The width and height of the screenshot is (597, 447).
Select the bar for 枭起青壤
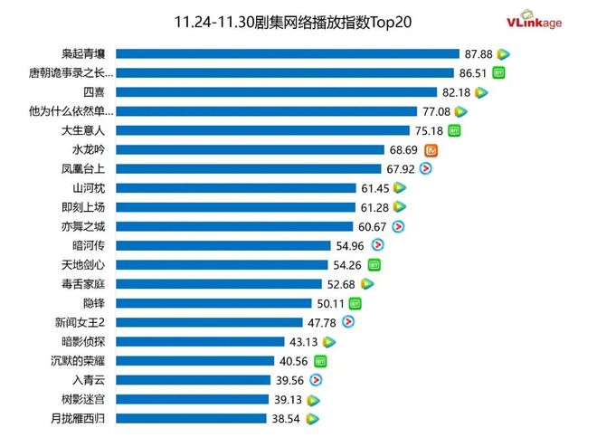288,54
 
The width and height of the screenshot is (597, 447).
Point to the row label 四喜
93,92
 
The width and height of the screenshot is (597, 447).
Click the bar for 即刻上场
236,206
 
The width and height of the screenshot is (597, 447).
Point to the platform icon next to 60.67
398,226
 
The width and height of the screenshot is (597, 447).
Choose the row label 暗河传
88,245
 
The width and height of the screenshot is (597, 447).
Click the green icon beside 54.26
374,264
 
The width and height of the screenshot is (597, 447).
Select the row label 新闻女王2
82,322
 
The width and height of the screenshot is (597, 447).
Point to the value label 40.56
293,360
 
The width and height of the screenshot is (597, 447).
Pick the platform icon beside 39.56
317,380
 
